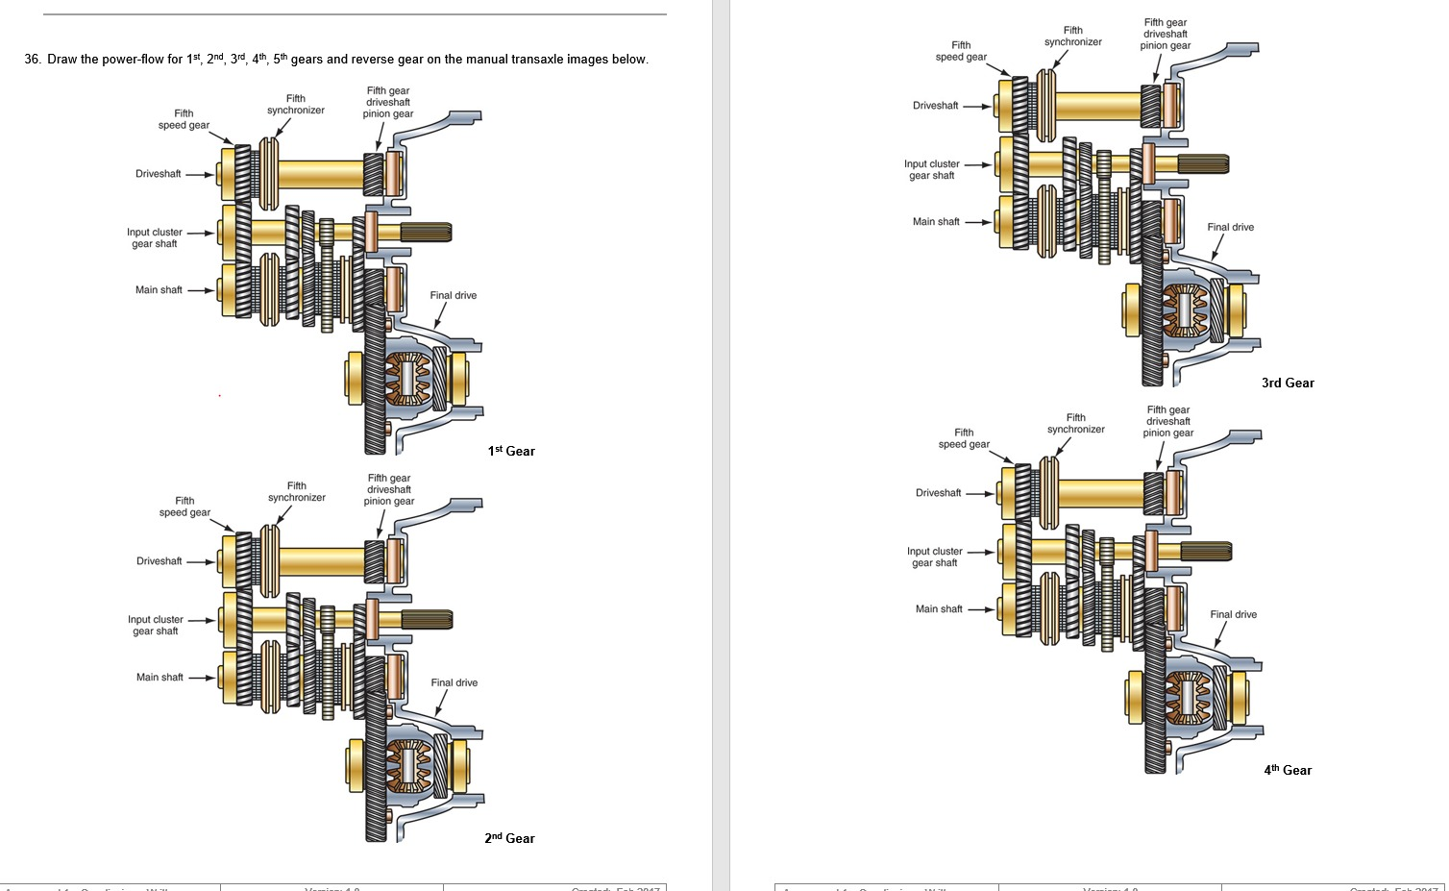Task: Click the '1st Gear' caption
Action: coord(511,451)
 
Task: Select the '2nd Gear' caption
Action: coord(509,838)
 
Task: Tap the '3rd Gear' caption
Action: coord(1288,383)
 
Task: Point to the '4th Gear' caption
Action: coord(1288,770)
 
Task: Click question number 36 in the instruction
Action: coord(33,60)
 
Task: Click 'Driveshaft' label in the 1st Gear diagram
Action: coord(158,174)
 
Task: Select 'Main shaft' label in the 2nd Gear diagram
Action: coord(160,678)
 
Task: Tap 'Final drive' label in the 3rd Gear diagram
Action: coord(1230,228)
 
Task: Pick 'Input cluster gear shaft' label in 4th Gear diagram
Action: coord(934,557)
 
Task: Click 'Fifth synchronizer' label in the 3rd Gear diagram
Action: coord(1073,37)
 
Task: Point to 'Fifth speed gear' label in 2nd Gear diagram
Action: coord(184,507)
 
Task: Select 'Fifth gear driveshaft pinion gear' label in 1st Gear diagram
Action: coord(388,102)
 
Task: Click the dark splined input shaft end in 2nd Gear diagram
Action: coord(427,620)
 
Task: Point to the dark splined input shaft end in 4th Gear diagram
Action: coord(1206,552)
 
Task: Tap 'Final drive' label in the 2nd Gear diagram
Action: coord(454,683)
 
